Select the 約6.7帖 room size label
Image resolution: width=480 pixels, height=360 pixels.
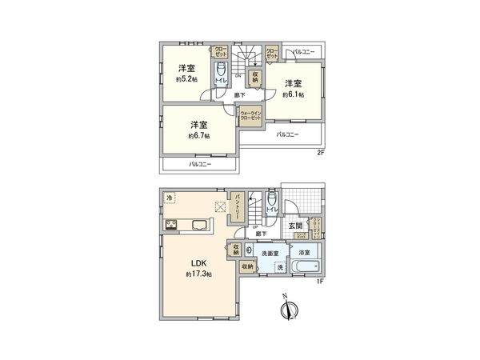click(x=199, y=136)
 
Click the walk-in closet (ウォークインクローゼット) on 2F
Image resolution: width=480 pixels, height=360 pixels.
click(x=250, y=117)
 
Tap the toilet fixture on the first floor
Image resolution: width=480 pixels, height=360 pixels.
click(x=273, y=202)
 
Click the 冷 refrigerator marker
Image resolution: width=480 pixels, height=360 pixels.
click(x=169, y=197)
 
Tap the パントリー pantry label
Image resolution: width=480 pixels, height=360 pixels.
click(x=237, y=207)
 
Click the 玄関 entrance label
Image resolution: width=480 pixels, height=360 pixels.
click(x=295, y=226)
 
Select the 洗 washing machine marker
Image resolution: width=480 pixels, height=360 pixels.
click(x=280, y=267)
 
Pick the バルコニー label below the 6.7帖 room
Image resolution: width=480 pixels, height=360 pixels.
click(x=201, y=164)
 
